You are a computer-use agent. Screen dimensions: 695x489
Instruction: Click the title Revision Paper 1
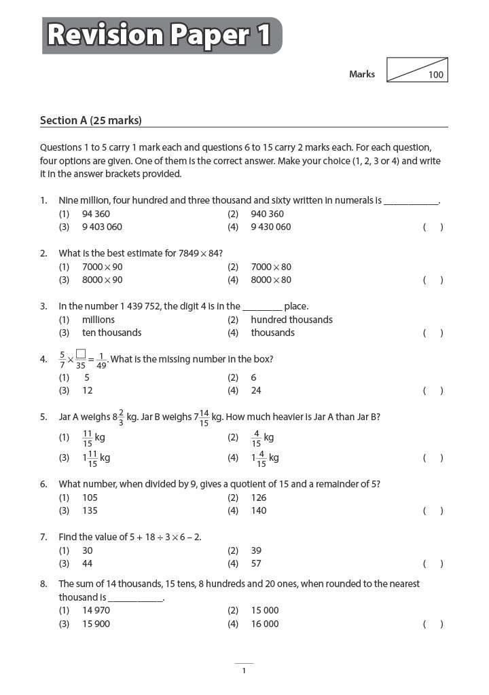pos(161,35)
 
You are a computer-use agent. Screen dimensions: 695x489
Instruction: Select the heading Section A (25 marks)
pos(90,121)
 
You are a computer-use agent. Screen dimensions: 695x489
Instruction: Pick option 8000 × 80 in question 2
pos(271,280)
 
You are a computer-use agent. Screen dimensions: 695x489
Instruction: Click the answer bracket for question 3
pos(433,333)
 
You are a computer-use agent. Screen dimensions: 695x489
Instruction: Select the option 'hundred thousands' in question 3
pos(291,320)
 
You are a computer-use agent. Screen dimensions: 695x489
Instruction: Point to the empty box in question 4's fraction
pos(80,353)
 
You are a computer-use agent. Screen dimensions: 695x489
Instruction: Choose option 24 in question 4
pos(256,390)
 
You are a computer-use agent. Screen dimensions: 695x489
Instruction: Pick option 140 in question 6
pos(259,510)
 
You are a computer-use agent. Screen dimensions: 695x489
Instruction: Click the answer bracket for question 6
pos(433,511)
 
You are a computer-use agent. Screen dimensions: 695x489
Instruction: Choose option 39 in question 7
pos(256,550)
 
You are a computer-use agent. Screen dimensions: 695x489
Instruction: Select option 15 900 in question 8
pos(96,624)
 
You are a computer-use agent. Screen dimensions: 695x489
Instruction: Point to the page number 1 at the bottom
pos(244,671)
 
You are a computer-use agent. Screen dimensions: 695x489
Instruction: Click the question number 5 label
pos(43,417)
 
